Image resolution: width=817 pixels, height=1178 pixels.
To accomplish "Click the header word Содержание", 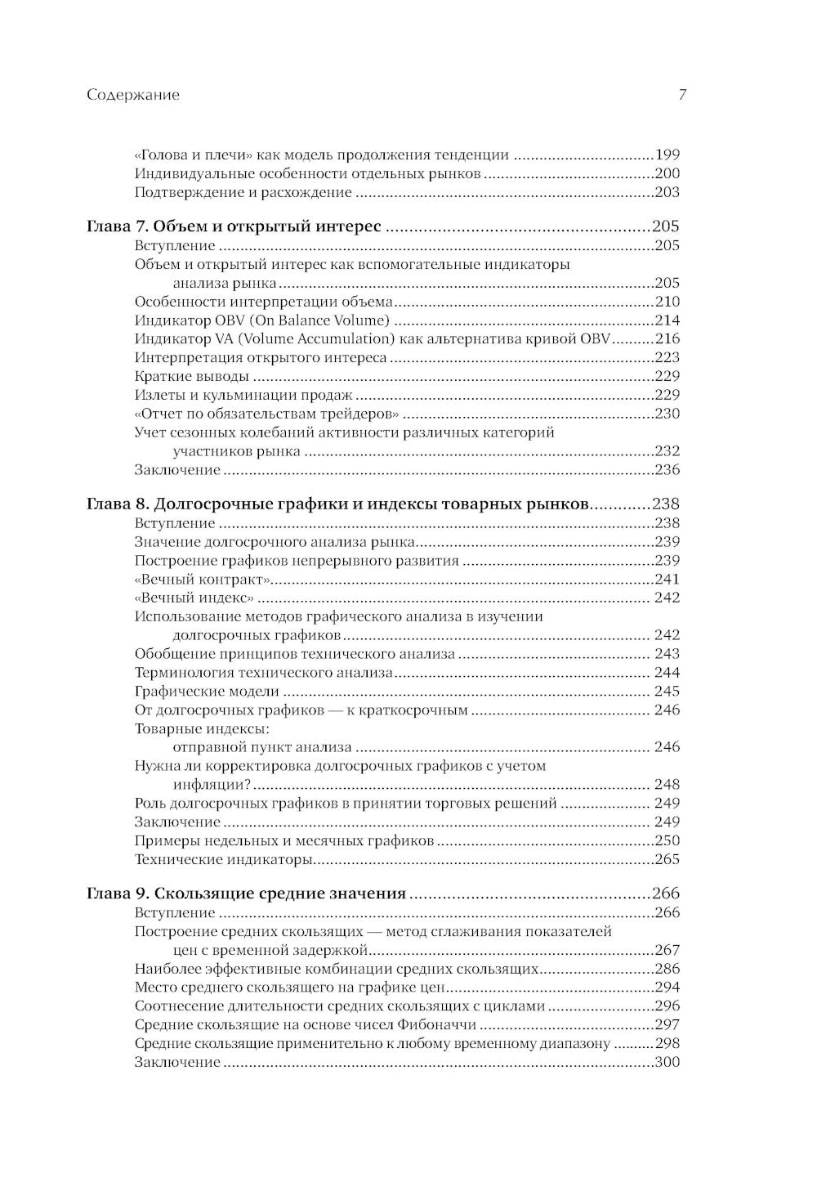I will click(132, 95).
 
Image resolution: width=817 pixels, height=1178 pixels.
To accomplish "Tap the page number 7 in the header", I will click(682, 95).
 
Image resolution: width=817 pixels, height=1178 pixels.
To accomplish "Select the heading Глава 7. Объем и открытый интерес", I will click(233, 226).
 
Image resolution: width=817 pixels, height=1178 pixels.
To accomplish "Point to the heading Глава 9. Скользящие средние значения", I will click(246, 894).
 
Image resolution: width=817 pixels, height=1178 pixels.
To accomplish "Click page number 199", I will click(667, 155).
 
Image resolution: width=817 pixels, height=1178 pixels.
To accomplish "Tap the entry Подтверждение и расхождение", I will click(243, 193).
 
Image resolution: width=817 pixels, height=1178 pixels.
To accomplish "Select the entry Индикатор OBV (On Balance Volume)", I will click(261, 320).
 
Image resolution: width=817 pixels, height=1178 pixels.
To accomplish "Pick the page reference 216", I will click(667, 339).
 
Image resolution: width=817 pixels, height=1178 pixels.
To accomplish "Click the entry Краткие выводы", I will click(191, 376).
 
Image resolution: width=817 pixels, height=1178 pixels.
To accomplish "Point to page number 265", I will click(667, 859).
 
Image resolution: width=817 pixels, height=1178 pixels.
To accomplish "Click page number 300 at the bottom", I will click(667, 1062).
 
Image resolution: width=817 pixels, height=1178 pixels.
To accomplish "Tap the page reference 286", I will click(667, 969).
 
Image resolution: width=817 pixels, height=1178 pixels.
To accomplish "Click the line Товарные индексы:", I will click(202, 728).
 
